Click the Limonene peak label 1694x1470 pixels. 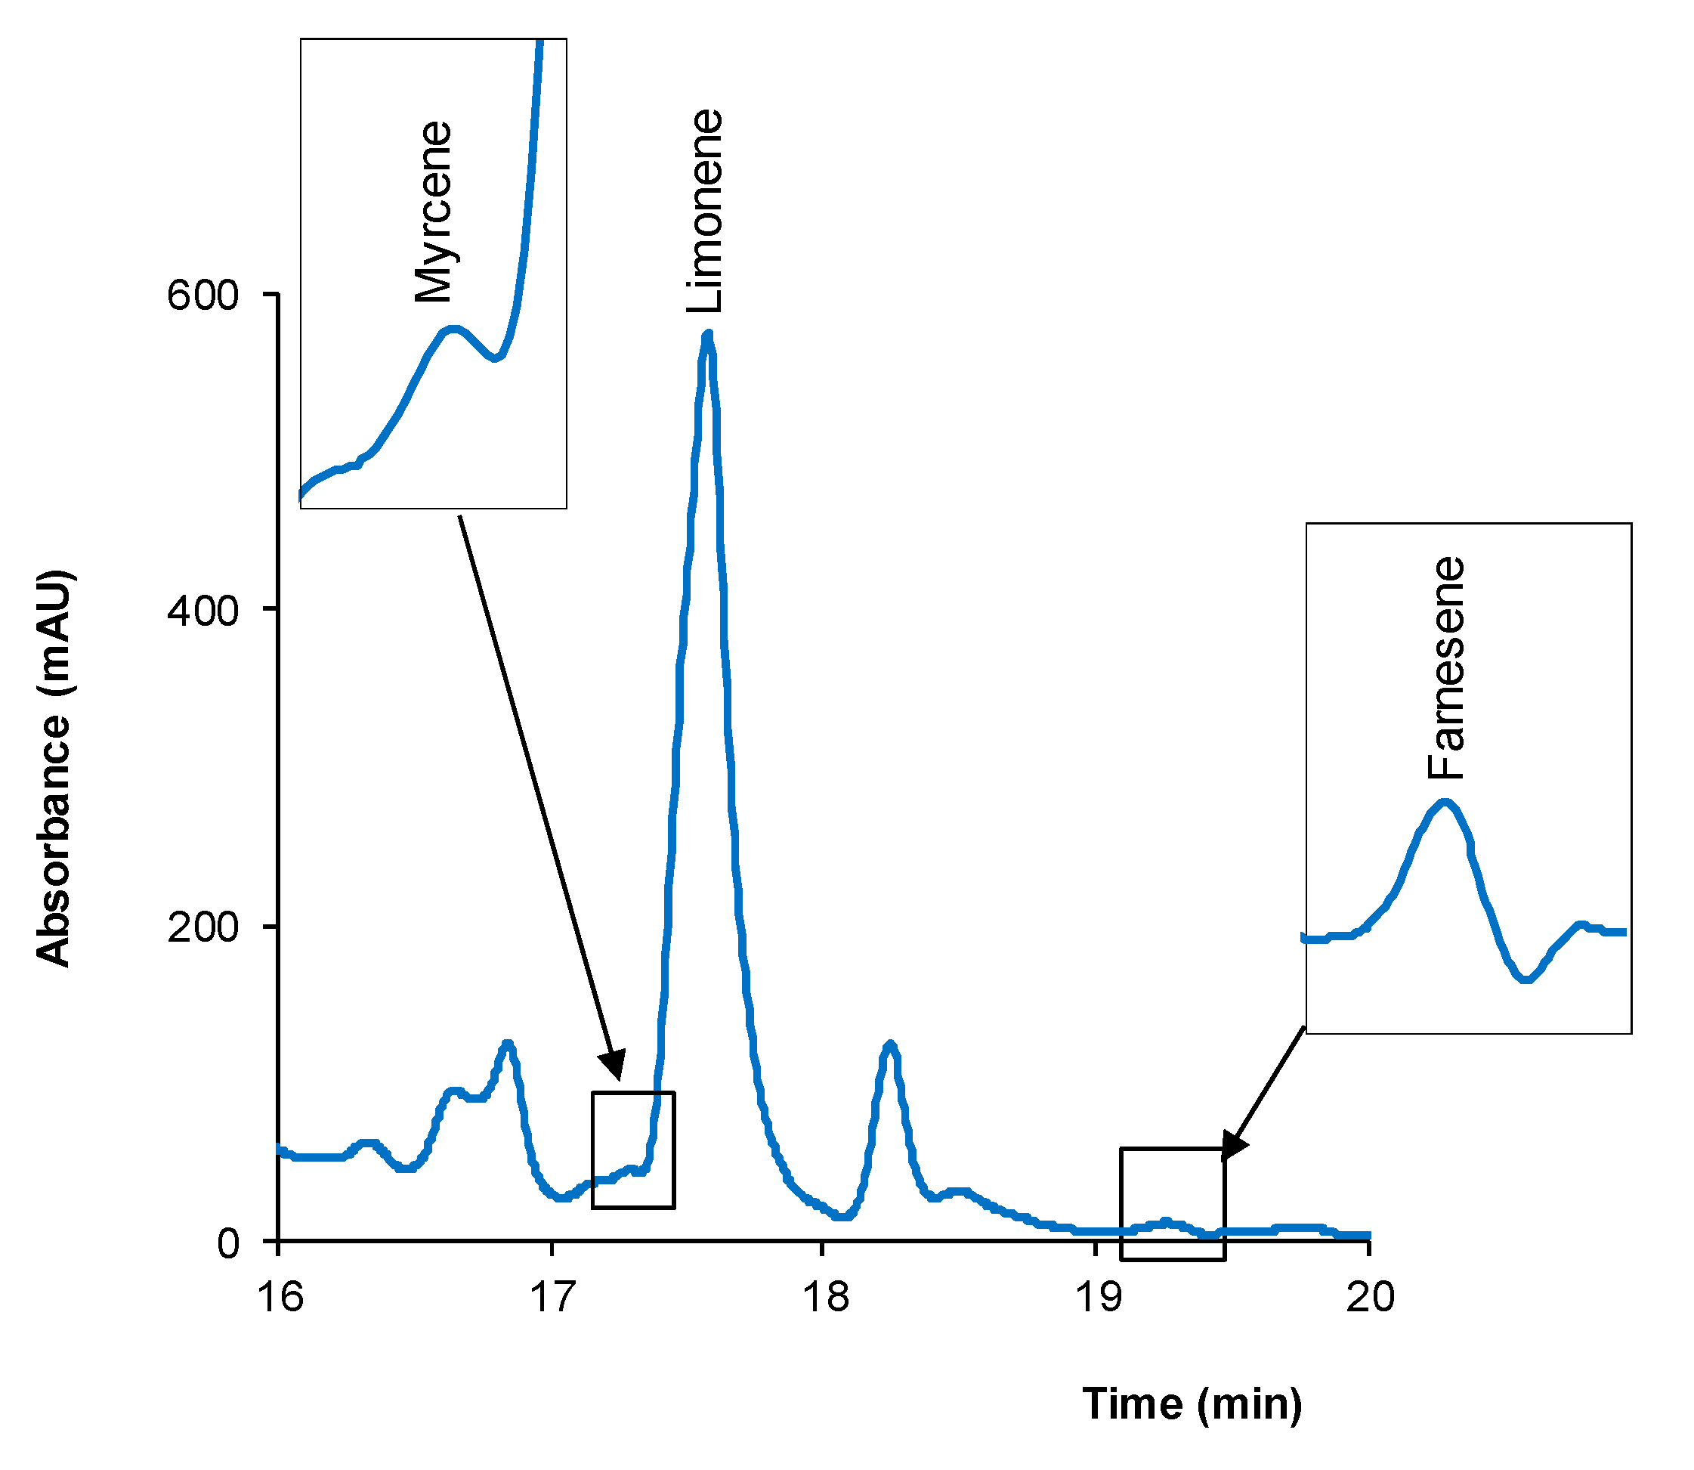(705, 211)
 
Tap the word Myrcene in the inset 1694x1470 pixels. (433, 212)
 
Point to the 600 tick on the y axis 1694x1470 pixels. (202, 296)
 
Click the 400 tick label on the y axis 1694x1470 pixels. (202, 611)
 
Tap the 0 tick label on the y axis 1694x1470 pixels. (227, 1243)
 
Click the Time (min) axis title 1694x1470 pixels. (1192, 1403)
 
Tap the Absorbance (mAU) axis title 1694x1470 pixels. (54, 768)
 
